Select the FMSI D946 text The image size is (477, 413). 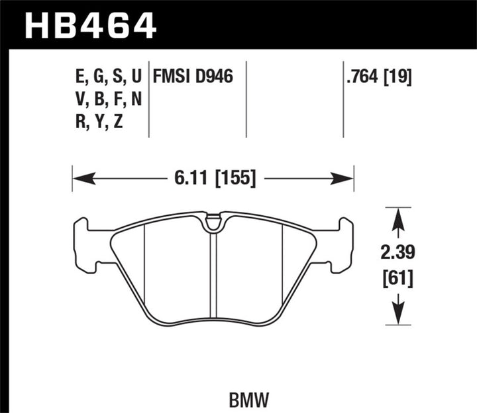(x=193, y=78)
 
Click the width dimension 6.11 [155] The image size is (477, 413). (x=213, y=179)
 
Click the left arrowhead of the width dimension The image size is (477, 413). (x=80, y=179)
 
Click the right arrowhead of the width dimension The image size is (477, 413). (x=346, y=179)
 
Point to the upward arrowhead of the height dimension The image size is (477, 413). (x=397, y=216)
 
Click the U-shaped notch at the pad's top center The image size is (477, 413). (x=213, y=224)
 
